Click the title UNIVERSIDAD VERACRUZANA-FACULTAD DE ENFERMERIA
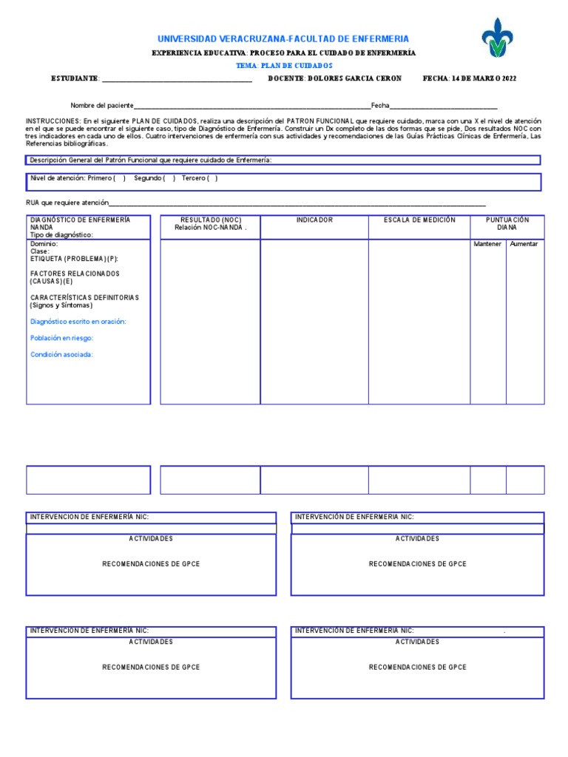coord(283,38)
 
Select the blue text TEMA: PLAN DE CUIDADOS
coord(284,66)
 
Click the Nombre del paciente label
coord(102,106)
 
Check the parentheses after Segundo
coord(169,178)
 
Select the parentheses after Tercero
coord(212,178)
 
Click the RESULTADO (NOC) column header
coord(211,220)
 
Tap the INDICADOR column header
coord(314,220)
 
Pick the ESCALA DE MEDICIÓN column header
coord(419,220)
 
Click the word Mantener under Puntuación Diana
coord(487,244)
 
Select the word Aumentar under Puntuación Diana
coord(524,244)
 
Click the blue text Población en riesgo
coord(62,338)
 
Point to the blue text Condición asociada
coord(62,354)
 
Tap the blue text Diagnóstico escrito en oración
coord(78,322)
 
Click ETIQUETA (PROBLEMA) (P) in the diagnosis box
coord(74,259)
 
